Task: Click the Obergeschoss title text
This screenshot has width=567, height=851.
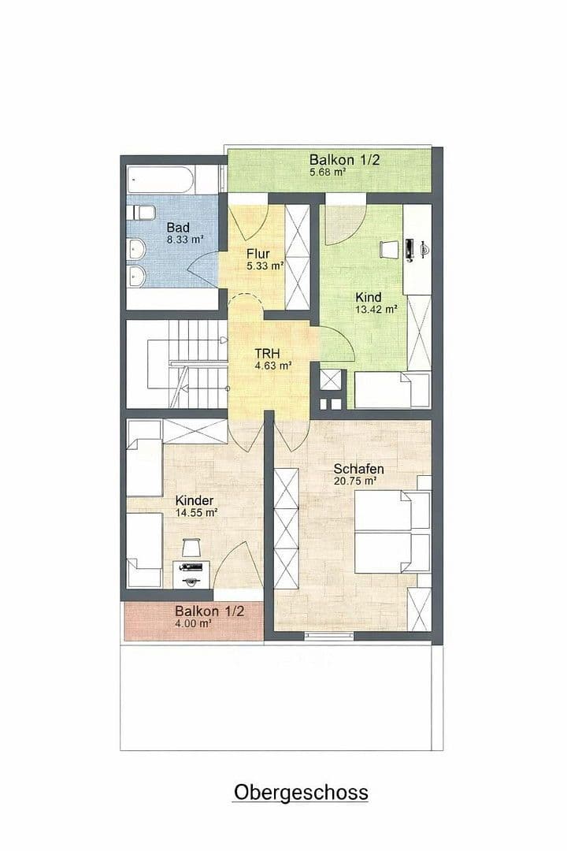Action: pos(300,791)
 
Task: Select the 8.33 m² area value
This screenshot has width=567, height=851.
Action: pos(185,240)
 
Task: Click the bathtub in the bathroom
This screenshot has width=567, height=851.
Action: pos(161,180)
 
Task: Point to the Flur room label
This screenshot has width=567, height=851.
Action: pos(258,254)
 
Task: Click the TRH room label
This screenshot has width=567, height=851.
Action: pos(267,354)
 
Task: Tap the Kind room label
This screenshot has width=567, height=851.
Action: pos(368,297)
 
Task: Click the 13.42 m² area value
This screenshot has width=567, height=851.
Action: pos(376,309)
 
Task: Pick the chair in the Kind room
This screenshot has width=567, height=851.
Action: pos(388,249)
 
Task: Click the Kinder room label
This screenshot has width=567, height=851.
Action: pos(195,500)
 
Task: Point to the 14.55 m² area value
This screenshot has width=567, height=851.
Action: pos(197,512)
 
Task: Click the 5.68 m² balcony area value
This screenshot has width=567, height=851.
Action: pos(328,172)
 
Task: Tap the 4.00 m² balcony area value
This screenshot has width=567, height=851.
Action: pos(193,623)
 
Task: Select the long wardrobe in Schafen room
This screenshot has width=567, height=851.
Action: pos(287,529)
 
